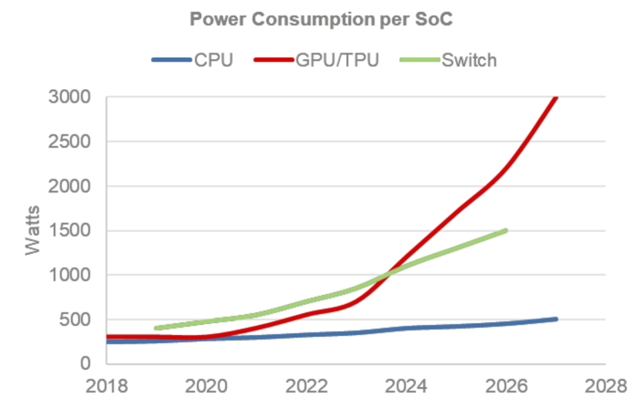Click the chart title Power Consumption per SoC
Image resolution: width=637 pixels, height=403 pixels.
click(x=320, y=19)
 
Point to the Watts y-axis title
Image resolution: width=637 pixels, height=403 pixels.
click(x=33, y=230)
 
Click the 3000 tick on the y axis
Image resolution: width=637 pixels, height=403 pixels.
click(x=70, y=97)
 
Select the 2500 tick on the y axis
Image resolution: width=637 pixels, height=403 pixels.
click(x=70, y=141)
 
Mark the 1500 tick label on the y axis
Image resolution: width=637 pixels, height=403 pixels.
click(x=70, y=230)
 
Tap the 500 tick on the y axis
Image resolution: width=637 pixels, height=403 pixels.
click(x=76, y=319)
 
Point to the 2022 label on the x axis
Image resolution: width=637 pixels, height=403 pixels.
click(x=306, y=386)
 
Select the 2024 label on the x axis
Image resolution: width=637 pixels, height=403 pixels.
click(x=406, y=386)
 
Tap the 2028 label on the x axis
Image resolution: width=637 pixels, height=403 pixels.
click(x=605, y=386)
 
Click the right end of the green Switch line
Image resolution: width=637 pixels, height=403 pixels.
click(x=506, y=231)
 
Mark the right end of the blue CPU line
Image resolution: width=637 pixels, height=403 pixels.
click(x=555, y=319)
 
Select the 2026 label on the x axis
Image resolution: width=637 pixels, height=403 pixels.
click(x=506, y=386)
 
